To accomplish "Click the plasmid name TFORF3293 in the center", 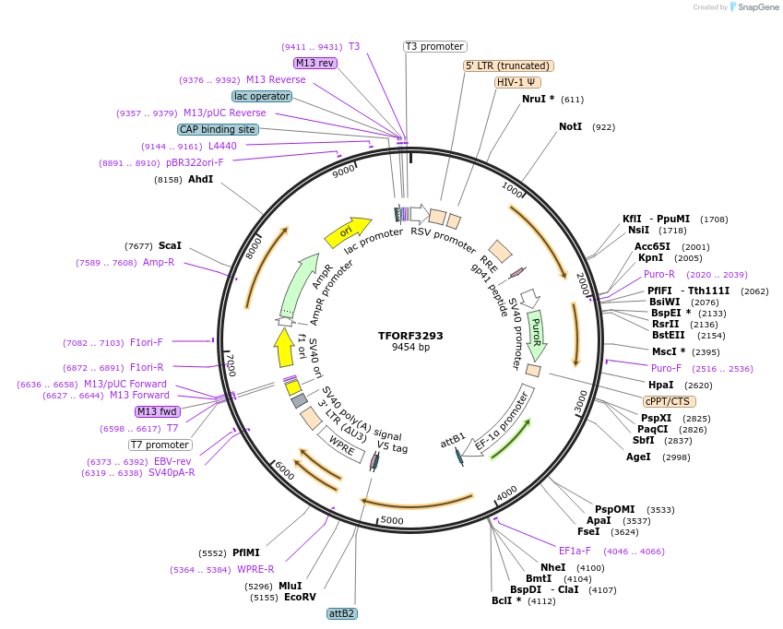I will point(410,336).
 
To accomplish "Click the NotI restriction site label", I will point(570,126).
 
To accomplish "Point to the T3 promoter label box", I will point(435,46).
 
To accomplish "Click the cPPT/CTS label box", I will point(670,401).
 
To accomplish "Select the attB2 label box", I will point(342,613).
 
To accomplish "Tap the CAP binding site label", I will point(218,129).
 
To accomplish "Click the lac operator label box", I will point(263,96).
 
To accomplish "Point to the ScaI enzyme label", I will point(170,246).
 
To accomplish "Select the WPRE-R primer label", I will point(255,569).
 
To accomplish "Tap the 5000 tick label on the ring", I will point(392,520).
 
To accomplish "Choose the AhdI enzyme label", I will point(200,180).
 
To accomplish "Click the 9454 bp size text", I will point(410,348).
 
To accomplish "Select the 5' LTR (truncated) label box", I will point(508,65).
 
